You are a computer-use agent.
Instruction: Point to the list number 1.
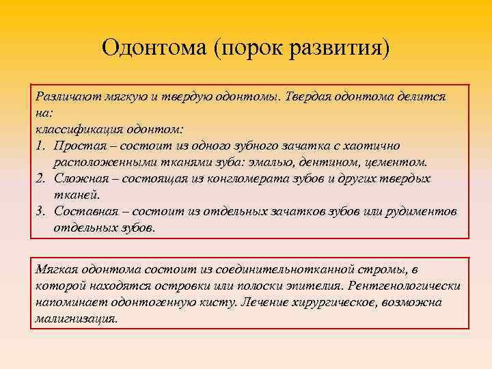click(x=40, y=146)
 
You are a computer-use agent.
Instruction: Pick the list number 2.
click(x=40, y=178)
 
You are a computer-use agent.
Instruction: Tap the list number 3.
click(x=40, y=211)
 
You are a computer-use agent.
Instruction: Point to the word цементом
click(x=398, y=162)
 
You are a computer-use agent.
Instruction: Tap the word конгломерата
click(x=251, y=178)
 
